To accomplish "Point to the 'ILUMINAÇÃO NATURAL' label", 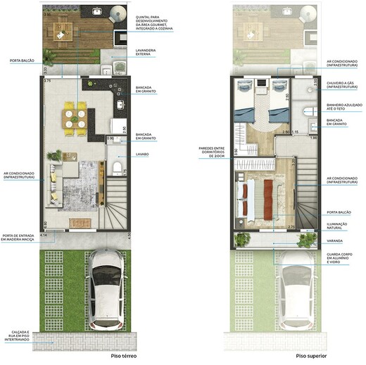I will point(341,226).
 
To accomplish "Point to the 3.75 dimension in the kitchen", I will point(48,82).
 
